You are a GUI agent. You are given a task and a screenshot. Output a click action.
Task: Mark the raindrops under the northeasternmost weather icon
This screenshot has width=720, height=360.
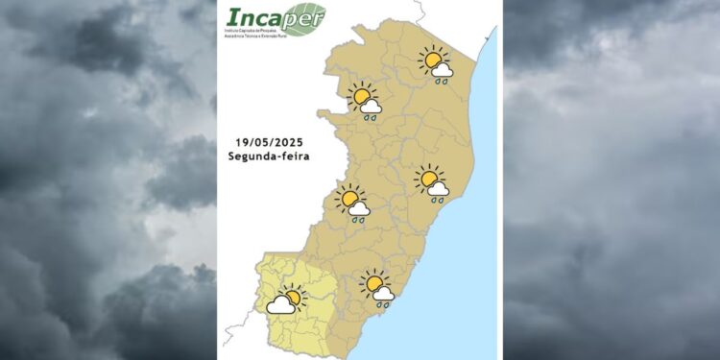442,83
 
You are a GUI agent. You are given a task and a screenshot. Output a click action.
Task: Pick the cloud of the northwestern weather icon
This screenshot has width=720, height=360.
372,108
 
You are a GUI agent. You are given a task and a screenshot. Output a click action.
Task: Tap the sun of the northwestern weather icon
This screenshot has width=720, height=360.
363,97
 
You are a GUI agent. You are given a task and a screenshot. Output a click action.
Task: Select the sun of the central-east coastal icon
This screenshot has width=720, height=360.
428,179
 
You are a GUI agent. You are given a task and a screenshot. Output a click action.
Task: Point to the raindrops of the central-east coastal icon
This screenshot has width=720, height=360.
438,200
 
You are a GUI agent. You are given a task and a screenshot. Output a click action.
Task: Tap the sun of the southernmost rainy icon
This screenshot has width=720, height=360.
373,283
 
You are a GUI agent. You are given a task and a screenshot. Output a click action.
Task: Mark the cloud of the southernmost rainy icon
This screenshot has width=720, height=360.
383,293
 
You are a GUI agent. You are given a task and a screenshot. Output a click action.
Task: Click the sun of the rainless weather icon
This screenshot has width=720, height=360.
292,297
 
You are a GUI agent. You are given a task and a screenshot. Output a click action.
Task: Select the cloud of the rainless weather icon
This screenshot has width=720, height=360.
280,305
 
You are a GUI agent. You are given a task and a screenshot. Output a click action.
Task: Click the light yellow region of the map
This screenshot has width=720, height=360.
288,331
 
